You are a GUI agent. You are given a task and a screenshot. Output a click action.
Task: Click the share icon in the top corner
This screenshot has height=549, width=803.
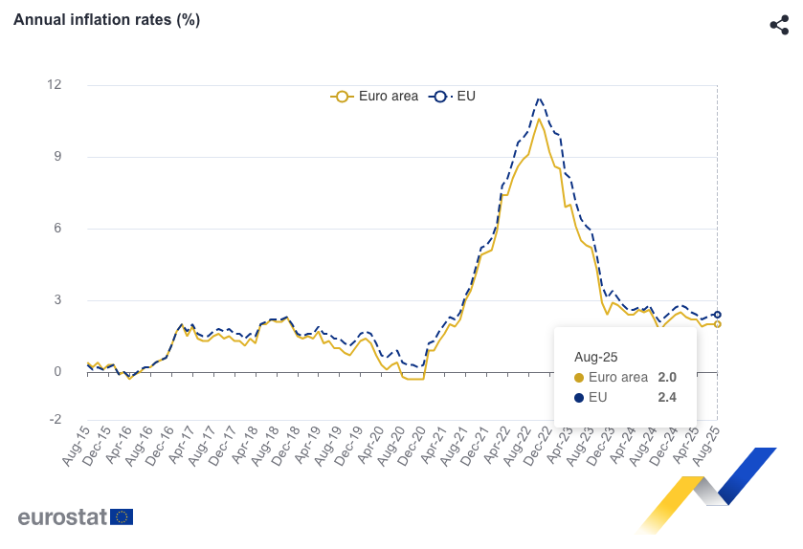[x=779, y=25]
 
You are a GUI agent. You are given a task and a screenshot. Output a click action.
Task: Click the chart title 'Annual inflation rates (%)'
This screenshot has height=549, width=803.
[x=106, y=20]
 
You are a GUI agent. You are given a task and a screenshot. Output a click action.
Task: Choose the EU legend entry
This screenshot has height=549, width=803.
[x=455, y=96]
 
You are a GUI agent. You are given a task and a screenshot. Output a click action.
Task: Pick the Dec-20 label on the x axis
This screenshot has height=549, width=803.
[x=413, y=448]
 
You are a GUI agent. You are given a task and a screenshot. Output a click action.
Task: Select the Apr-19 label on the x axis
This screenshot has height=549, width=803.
[x=308, y=448]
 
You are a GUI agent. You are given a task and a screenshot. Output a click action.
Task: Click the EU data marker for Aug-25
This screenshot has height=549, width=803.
[x=718, y=315]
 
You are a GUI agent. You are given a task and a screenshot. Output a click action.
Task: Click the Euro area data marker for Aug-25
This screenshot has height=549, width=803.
[x=718, y=324]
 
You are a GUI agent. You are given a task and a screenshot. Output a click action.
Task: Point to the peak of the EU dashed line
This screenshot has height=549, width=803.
[x=540, y=99]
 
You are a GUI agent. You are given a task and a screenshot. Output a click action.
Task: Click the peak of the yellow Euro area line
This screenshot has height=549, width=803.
[x=539, y=119]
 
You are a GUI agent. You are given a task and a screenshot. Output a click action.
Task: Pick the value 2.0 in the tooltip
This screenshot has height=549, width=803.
[x=667, y=377]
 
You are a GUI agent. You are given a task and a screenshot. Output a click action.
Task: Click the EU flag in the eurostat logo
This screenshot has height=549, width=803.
[x=122, y=517]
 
